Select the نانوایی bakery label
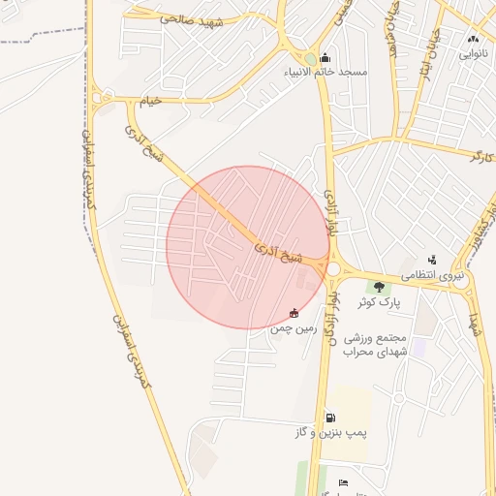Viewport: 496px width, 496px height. (474, 54)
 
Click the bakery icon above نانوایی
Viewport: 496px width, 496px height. (474, 39)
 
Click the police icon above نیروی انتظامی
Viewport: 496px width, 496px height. (432, 259)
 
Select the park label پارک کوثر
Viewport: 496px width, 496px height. (378, 302)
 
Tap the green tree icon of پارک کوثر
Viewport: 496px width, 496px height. (378, 286)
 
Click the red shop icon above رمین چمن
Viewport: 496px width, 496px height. (294, 313)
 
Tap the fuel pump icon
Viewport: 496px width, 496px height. (330, 418)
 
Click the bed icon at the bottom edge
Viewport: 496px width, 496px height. (341, 483)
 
